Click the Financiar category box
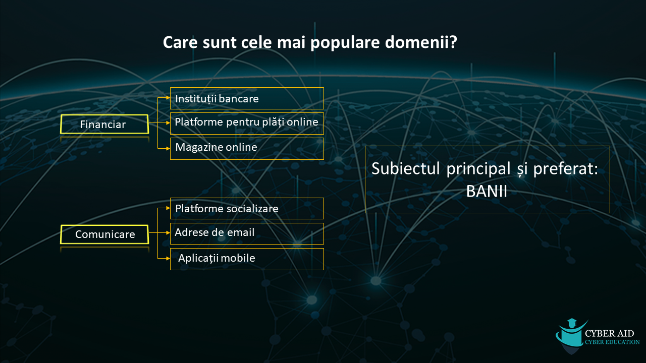pos(104,124)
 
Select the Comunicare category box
pos(104,234)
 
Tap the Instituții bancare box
pos(247,98)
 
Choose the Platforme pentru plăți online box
pos(247,124)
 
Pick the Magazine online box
pos(247,149)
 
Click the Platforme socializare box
pos(247,208)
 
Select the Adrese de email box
pos(247,233)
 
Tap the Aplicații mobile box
pos(247,259)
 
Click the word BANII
pos(487,191)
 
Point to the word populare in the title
pos(345,43)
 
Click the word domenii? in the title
pos(421,42)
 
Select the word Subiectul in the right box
pos(405,168)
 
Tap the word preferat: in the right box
pos(566,169)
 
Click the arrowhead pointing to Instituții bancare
pos(168,98)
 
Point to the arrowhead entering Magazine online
pos(168,149)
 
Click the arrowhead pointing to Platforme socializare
pos(168,208)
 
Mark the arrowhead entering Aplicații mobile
pos(168,259)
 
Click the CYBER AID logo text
pos(609,333)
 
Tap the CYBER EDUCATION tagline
pos(612,342)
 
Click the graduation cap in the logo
pos(572,322)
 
